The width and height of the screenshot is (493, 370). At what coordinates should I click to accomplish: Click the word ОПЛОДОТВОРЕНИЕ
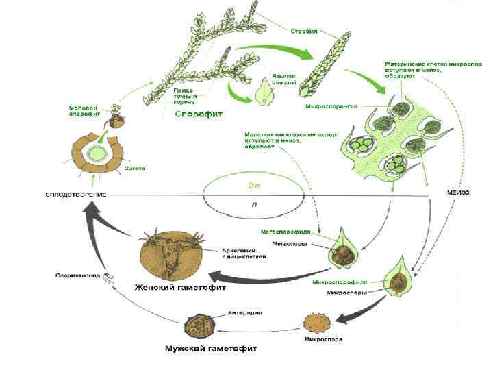(x=75, y=195)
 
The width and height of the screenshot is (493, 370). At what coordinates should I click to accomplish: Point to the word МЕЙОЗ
(x=458, y=193)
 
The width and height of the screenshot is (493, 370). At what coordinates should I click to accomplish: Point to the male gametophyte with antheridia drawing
(x=199, y=323)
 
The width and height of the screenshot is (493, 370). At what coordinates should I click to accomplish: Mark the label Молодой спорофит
(x=84, y=111)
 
